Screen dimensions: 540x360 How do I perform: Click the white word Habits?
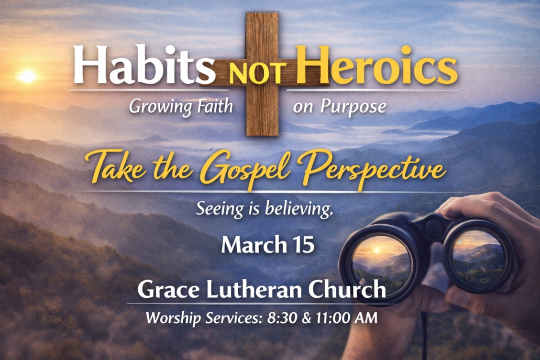(144, 65)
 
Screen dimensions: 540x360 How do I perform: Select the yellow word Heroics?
(376, 65)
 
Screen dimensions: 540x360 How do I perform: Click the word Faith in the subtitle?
(215, 106)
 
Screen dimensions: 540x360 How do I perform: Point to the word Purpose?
(353, 107)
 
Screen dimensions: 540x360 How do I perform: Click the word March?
(254, 245)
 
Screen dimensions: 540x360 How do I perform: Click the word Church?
(347, 289)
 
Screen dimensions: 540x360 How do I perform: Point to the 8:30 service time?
(281, 318)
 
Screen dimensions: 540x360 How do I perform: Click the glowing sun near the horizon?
(27, 76)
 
